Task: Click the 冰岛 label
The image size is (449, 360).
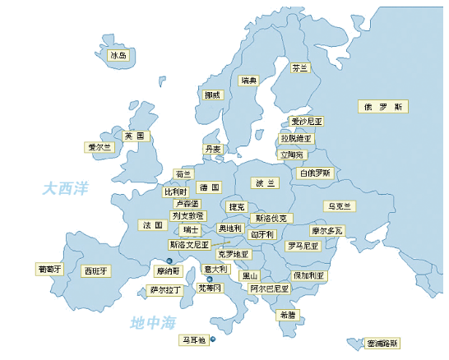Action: (x=118, y=57)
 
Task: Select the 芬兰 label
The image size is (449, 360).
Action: (x=299, y=69)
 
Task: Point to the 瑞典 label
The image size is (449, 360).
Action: (x=249, y=81)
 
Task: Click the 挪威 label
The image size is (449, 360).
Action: (x=214, y=95)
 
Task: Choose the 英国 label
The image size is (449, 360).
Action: (x=134, y=136)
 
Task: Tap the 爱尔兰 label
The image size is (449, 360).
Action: (x=99, y=148)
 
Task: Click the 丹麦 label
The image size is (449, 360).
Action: (x=213, y=150)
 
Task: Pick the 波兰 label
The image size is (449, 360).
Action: (x=266, y=182)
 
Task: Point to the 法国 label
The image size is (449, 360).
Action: (x=152, y=224)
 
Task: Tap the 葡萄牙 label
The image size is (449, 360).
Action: (x=49, y=269)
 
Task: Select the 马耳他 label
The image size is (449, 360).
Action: (x=193, y=339)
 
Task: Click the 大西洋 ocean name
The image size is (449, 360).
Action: (x=66, y=189)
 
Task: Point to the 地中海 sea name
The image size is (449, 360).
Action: (x=154, y=323)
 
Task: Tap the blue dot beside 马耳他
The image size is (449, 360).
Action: (x=213, y=339)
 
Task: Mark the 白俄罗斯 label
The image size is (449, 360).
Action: (x=314, y=173)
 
